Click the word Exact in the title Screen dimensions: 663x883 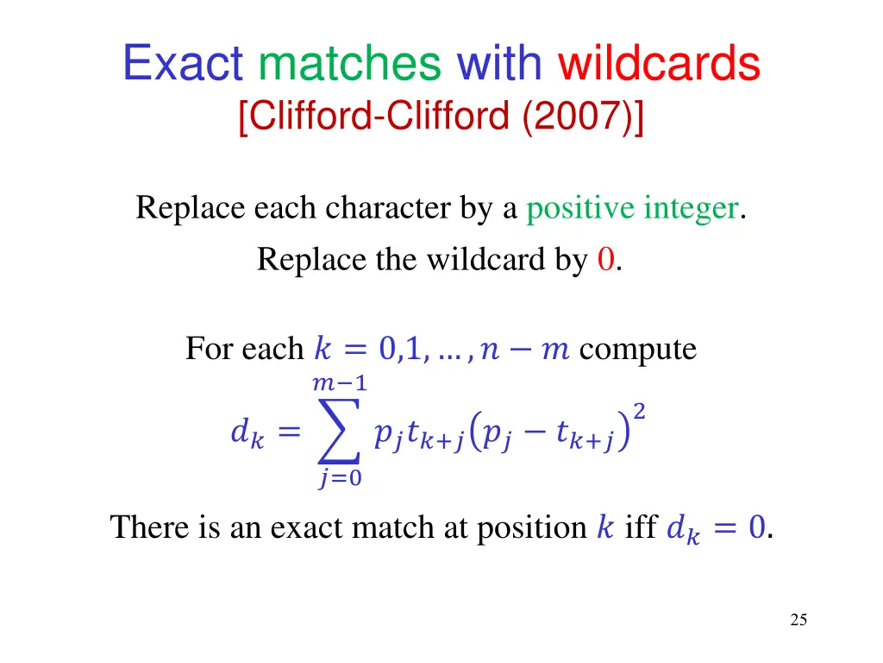pos(184,64)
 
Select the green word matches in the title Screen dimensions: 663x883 pos(350,64)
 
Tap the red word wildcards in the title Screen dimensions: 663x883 pos(660,64)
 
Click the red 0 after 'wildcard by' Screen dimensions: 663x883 pos(605,259)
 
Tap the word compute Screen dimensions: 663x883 pos(638,349)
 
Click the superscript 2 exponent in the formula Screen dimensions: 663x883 pos(639,414)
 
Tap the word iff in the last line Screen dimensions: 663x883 pos(641,527)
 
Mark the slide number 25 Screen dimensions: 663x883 pos(798,619)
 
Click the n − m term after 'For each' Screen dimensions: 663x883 pos(526,350)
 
